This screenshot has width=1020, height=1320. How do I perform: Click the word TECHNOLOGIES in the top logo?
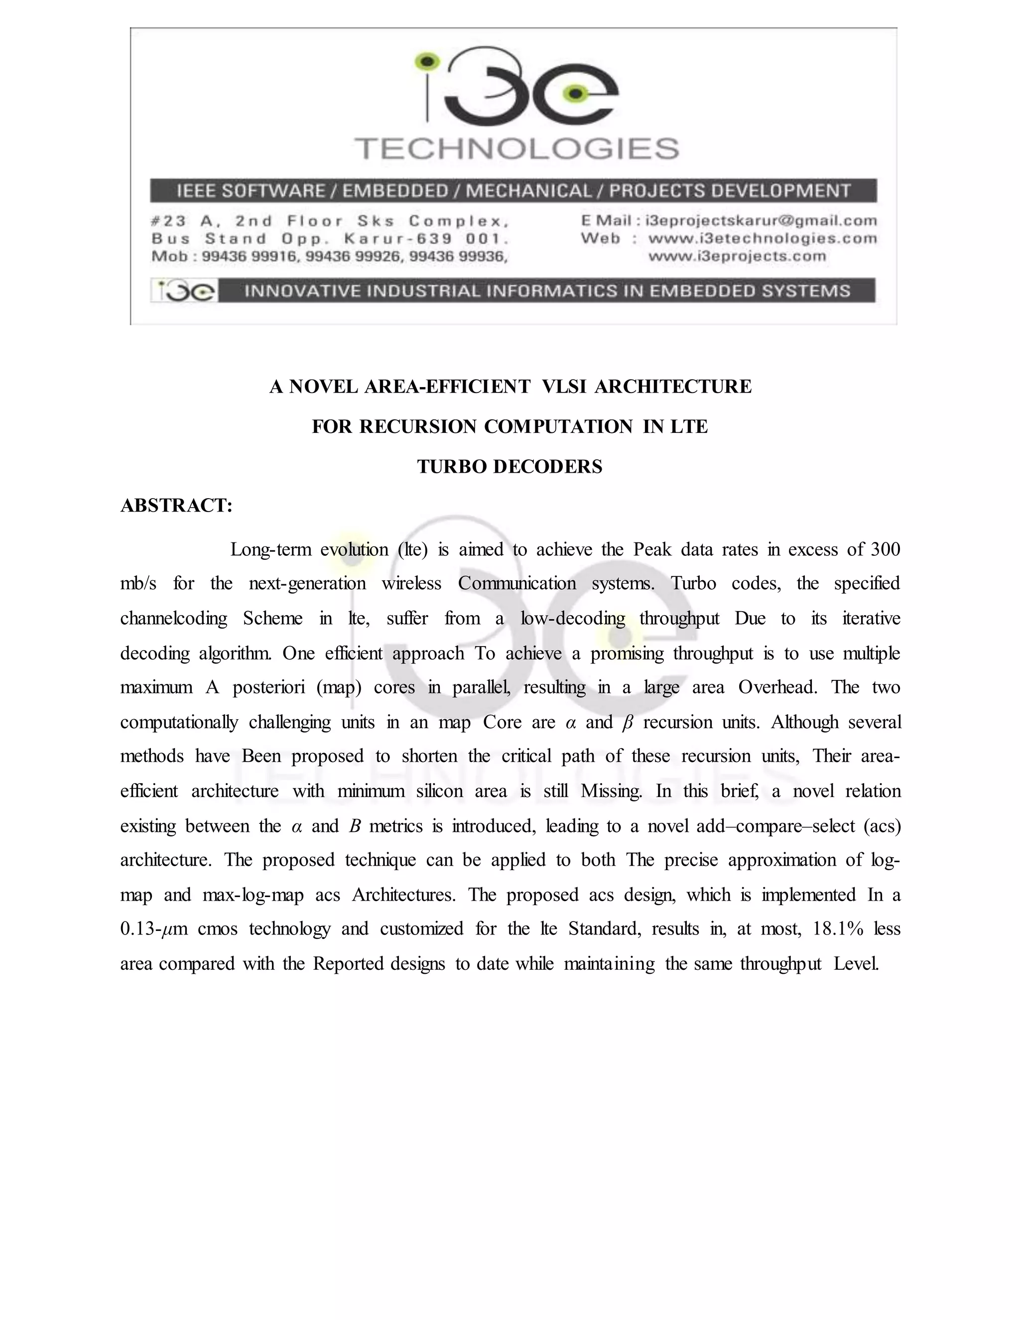(x=516, y=148)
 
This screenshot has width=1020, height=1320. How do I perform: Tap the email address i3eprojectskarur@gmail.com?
(x=761, y=221)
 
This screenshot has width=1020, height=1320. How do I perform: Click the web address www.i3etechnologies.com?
(x=762, y=238)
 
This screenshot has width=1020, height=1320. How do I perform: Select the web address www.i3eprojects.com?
(x=737, y=256)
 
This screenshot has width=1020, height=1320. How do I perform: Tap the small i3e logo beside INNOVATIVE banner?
(x=184, y=291)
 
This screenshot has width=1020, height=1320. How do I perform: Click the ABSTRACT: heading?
(x=176, y=505)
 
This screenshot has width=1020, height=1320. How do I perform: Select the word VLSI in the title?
(x=564, y=386)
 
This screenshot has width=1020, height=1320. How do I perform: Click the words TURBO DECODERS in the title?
(x=510, y=467)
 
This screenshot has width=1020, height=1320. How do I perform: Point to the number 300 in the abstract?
(x=885, y=549)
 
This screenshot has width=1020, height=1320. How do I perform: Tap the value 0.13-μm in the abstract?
(x=154, y=928)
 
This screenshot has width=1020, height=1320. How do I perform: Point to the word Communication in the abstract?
(x=516, y=583)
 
